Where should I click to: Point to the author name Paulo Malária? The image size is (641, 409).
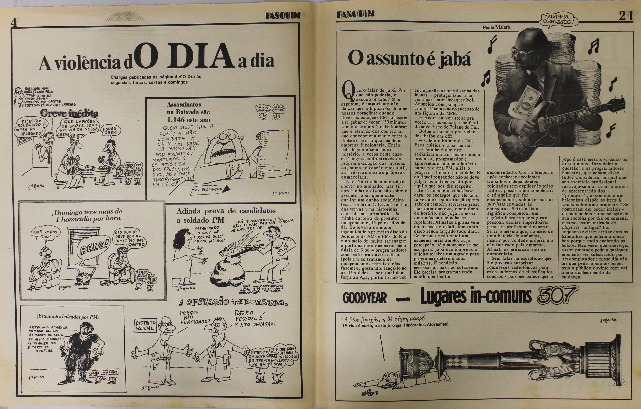point(497,27)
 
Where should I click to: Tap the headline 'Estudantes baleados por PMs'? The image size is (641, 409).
point(69,317)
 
